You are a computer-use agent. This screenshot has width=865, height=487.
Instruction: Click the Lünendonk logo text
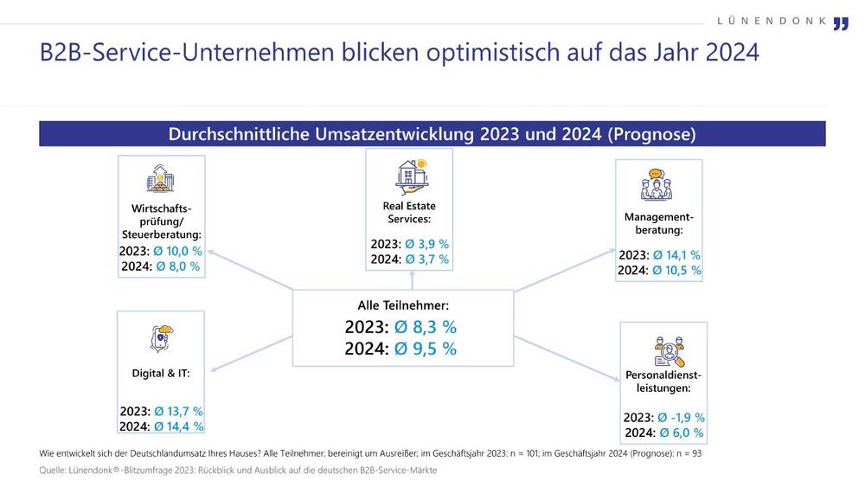click(772, 21)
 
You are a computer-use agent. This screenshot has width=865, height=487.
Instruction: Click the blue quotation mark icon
click(841, 23)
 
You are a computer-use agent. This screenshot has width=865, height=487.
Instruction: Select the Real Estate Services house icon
click(410, 174)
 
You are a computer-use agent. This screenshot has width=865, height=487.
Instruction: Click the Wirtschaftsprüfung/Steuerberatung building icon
click(160, 179)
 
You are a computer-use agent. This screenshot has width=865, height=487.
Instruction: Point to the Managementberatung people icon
click(657, 185)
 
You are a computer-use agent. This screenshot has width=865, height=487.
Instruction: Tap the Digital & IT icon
click(161, 338)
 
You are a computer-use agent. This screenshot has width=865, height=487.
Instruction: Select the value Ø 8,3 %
click(426, 327)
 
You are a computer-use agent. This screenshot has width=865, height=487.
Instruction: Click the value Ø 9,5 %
click(426, 349)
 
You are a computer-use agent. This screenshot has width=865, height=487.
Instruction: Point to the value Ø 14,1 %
click(676, 255)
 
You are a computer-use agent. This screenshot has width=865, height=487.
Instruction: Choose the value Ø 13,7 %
click(179, 411)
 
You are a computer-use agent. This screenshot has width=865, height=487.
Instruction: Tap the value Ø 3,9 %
click(426, 244)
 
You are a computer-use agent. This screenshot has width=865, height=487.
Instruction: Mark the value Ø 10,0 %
click(178, 251)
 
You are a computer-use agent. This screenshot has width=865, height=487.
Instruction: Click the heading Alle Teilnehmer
click(403, 304)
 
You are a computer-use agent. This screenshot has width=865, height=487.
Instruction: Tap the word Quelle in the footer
click(54, 470)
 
